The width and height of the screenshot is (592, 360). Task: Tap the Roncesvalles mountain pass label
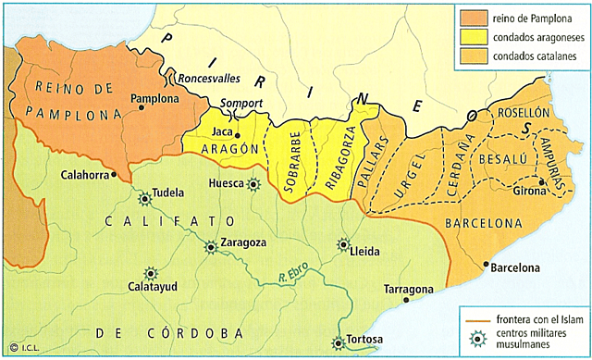216,78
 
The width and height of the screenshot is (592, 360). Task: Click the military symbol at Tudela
144,198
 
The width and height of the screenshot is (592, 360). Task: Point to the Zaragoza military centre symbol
212,246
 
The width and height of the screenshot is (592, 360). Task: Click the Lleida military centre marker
344,245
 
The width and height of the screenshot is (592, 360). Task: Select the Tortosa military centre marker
339,342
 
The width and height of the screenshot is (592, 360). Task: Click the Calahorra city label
86,174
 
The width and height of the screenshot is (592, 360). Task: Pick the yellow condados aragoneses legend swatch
471,39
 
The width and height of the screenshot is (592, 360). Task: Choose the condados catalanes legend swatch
471,59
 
